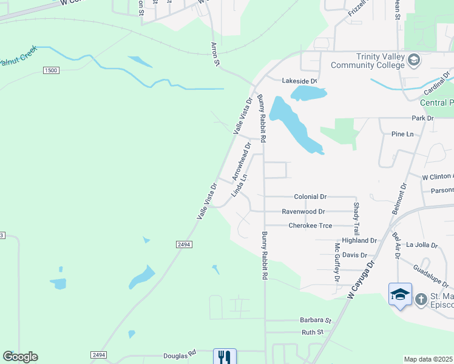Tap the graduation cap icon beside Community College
[x=414, y=59]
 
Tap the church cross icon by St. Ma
[x=421, y=298]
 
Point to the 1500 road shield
[x=51, y=71]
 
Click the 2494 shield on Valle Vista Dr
[x=185, y=244]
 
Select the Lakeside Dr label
[x=300, y=81]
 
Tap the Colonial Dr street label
[x=310, y=197]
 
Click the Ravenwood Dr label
[x=303, y=212]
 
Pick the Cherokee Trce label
[x=310, y=226]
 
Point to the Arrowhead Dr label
[x=242, y=161]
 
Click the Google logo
[x=20, y=357]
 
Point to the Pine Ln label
[x=402, y=133]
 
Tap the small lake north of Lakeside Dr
[x=308, y=93]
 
